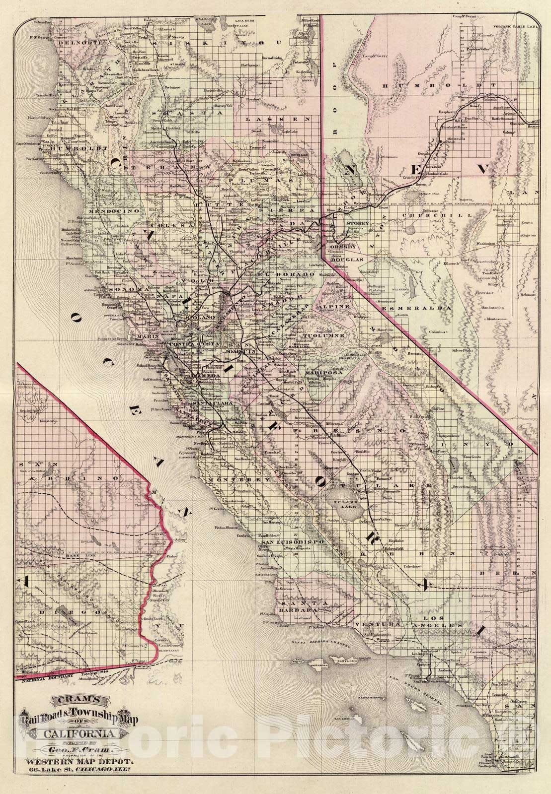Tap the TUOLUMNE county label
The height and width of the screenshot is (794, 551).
click(322, 336)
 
